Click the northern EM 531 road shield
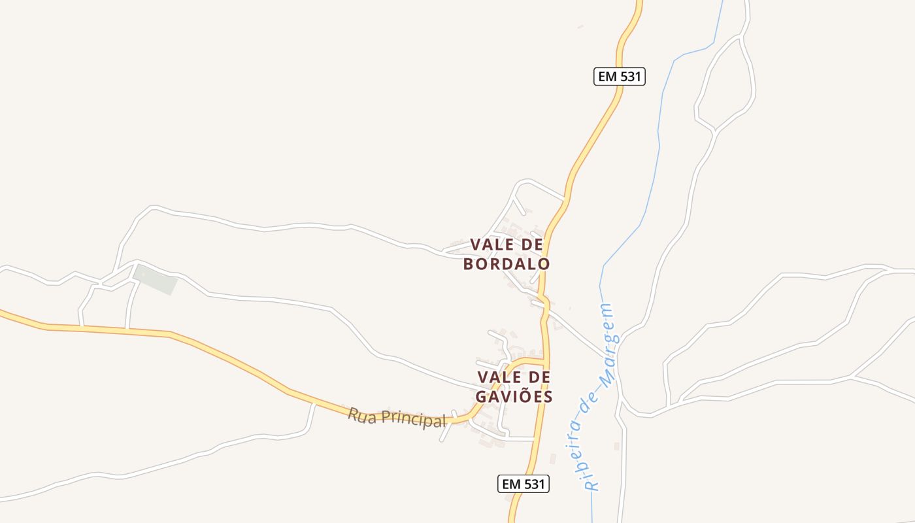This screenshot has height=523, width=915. coord(620,76)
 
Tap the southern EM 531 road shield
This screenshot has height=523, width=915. coord(523,484)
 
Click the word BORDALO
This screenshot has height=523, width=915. coord(507,264)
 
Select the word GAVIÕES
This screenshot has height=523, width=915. coord(514,397)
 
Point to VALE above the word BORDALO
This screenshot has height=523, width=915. coord(490,245)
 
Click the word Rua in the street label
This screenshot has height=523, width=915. coord(362,414)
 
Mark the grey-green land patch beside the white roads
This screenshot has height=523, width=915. coord(156,279)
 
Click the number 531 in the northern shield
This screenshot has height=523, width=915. coord(630,76)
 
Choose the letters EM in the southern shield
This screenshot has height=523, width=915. coord(511,484)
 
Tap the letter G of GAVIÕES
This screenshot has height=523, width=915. coord(482,397)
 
